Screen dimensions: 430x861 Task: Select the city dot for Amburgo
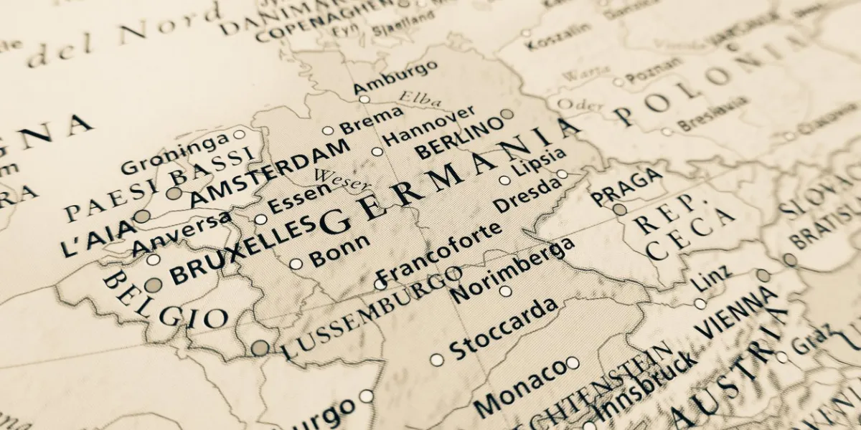[364, 99]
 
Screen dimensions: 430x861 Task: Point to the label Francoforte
[440, 253]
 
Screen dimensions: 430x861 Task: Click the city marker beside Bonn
[296, 264]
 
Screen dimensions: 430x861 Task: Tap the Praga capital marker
[619, 209]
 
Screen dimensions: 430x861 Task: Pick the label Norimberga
[513, 269]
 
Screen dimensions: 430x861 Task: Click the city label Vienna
[736, 312]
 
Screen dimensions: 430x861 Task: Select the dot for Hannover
[377, 151]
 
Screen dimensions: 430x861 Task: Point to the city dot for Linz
[700, 304]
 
